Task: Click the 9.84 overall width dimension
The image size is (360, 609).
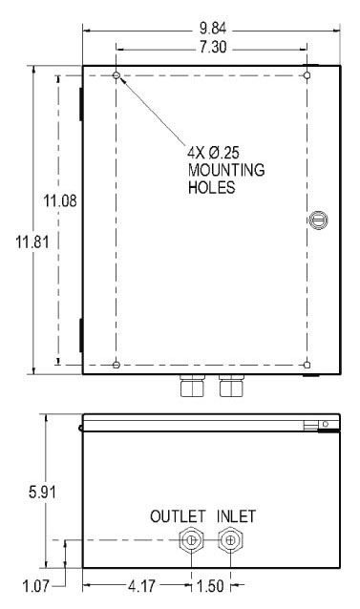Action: (x=212, y=29)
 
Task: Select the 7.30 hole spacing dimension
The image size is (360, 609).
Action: (x=213, y=48)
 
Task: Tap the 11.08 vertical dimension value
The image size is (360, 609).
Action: (x=60, y=201)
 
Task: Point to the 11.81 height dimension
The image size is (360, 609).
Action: (x=32, y=242)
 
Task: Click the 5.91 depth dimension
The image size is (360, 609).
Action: (x=42, y=493)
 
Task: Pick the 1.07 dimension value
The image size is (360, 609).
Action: (x=36, y=586)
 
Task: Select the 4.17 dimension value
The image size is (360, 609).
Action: (x=141, y=586)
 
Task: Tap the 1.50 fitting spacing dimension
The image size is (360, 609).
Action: (x=210, y=586)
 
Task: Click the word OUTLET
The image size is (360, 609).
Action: (x=178, y=516)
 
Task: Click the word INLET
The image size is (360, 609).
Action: (x=236, y=516)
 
